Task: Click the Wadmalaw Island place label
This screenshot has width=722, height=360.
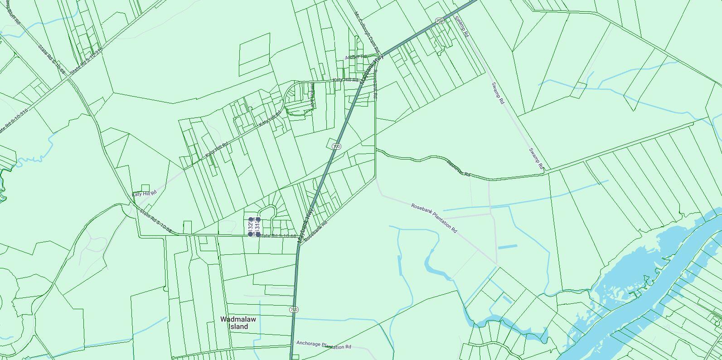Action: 238,323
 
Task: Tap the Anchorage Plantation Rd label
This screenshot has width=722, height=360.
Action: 324,345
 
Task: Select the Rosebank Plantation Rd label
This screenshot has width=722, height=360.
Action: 434,218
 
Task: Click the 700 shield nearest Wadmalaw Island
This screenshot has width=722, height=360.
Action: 294,310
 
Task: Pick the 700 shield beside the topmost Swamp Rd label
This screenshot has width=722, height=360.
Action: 439,20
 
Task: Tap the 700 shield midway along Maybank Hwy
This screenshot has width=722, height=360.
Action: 336,146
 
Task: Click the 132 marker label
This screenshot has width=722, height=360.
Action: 250,226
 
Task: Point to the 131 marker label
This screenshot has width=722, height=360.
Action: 257,226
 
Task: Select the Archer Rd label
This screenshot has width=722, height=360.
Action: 355,57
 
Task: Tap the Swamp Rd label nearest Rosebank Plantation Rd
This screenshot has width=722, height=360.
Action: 536,159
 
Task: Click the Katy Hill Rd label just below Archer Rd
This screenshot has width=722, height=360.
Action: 345,80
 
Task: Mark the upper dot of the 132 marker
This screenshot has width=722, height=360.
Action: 251,219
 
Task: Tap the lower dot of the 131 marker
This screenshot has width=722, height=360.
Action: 258,234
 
